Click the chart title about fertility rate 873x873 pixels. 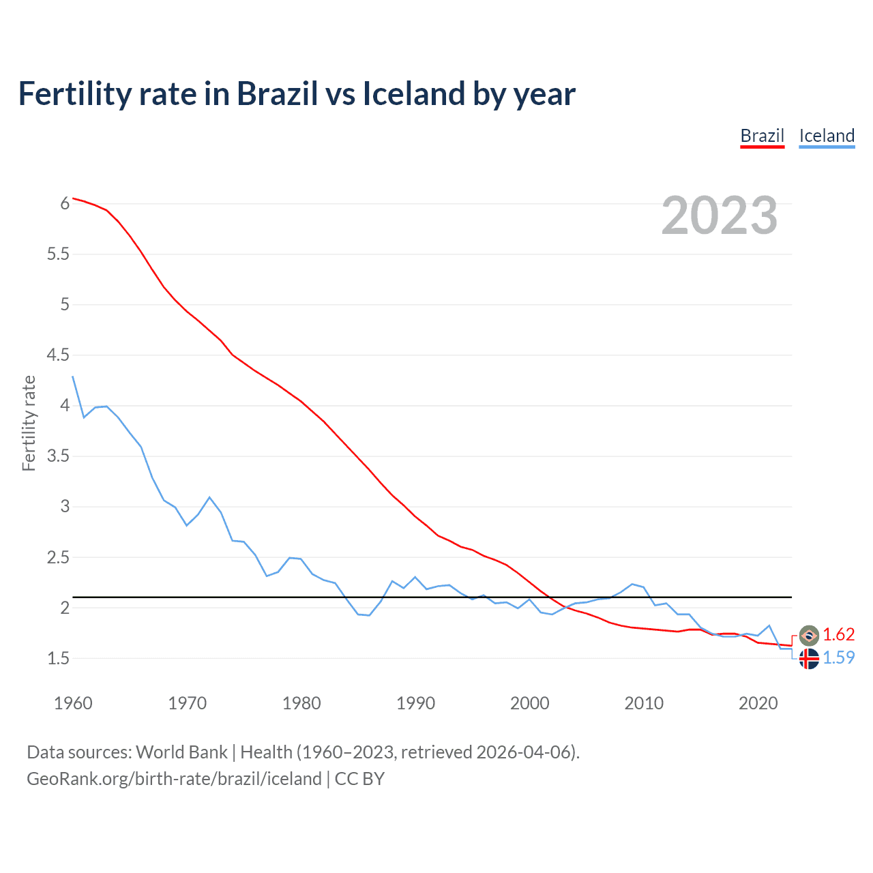click(x=297, y=93)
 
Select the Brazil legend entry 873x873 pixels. click(x=762, y=136)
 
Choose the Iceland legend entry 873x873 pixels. click(x=827, y=136)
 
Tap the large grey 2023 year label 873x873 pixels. click(x=719, y=216)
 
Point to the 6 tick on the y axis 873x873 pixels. click(x=65, y=203)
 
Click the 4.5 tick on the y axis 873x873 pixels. click(x=58, y=355)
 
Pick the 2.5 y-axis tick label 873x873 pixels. click(x=58, y=557)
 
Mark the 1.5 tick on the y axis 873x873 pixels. click(x=58, y=658)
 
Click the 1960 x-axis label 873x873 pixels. click(x=73, y=703)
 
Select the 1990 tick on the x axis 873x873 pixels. click(x=415, y=703)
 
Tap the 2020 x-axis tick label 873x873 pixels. click(x=758, y=703)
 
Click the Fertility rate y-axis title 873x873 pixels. click(x=29, y=423)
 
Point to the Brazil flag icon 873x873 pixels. click(x=809, y=635)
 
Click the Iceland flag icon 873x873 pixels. click(x=809, y=659)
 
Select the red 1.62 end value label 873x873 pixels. click(x=838, y=634)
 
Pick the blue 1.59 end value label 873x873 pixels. click(x=838, y=657)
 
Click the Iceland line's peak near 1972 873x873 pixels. click(x=209, y=497)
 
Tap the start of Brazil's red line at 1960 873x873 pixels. click(x=73, y=198)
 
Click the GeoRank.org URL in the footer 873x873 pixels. click(x=174, y=779)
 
